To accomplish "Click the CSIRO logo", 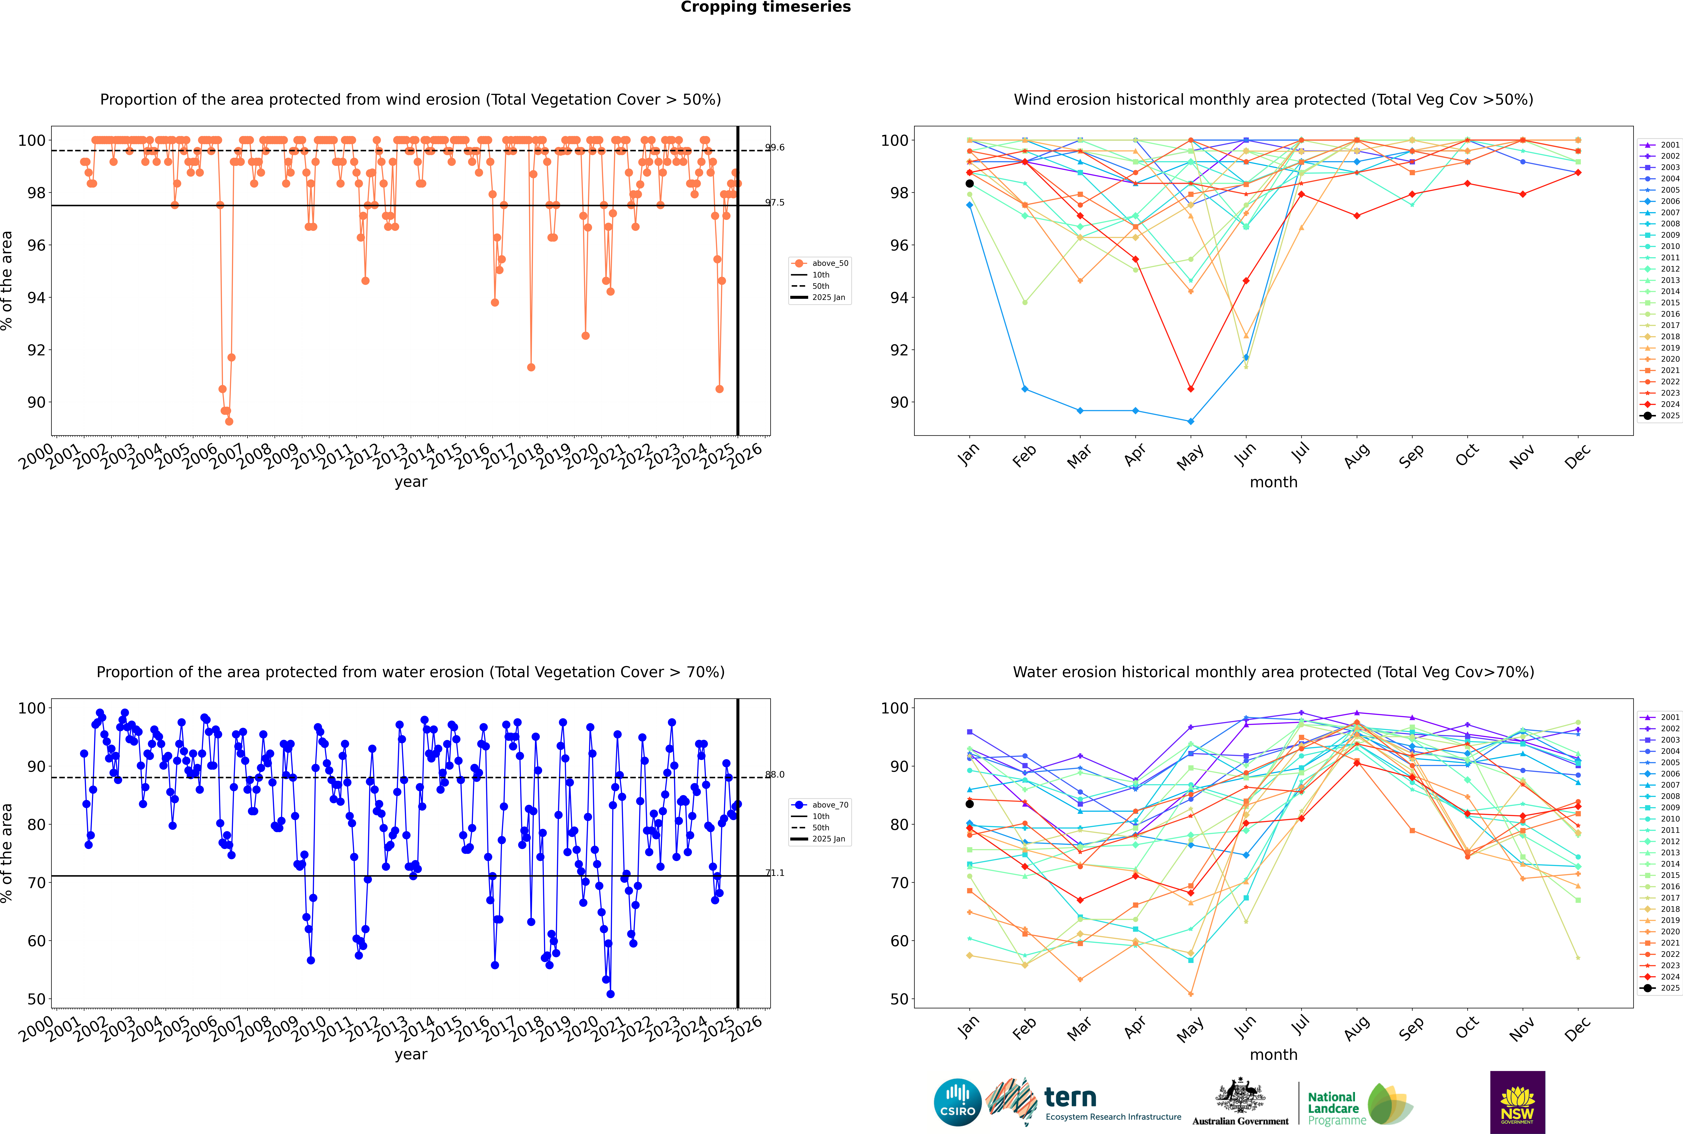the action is pos(957,1103).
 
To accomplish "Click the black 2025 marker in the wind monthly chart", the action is pos(970,184).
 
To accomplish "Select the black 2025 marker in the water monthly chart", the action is pos(970,804).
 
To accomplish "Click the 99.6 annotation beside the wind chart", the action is pos(775,148).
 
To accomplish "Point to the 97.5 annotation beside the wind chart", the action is pos(775,202).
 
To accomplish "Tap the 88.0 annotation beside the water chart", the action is pos(775,774).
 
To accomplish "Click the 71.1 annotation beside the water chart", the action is pos(775,873).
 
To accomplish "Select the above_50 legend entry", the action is pos(821,263).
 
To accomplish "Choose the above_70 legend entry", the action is pos(821,805).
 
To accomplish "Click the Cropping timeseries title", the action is pos(765,7).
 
